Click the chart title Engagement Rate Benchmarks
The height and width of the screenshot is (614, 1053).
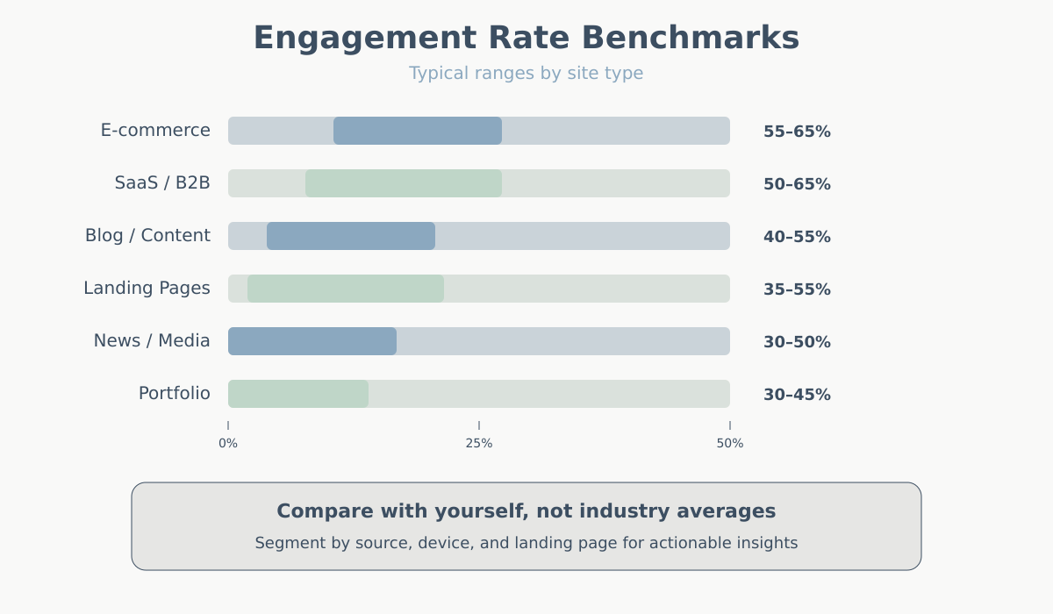pos(526,39)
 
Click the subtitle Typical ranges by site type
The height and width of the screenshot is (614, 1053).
pos(526,74)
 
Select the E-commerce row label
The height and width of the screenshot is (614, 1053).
pos(155,131)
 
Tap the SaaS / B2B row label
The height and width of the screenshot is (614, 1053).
pos(162,183)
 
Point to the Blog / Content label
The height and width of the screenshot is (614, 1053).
pos(147,236)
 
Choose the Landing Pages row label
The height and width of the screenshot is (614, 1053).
pos(147,289)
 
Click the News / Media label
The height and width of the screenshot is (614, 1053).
pos(152,341)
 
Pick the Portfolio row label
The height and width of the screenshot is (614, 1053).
pos(175,394)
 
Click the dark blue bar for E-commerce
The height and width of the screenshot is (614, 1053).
pos(418,131)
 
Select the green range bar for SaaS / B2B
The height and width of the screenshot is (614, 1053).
pos(404,183)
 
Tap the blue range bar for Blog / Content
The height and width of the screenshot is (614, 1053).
pos(351,236)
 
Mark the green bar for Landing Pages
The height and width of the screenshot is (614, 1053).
pos(346,289)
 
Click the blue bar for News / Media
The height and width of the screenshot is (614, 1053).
pos(312,341)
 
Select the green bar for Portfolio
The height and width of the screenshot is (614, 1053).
pos(298,394)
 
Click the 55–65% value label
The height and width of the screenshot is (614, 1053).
pos(797,132)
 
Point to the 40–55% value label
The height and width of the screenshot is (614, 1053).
pos(797,237)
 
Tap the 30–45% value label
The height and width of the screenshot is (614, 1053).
pos(797,395)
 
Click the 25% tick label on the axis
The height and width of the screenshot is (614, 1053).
pos(479,444)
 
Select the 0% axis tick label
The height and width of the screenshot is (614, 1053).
pos(228,444)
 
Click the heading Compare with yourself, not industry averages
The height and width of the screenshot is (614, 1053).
pos(526,511)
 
